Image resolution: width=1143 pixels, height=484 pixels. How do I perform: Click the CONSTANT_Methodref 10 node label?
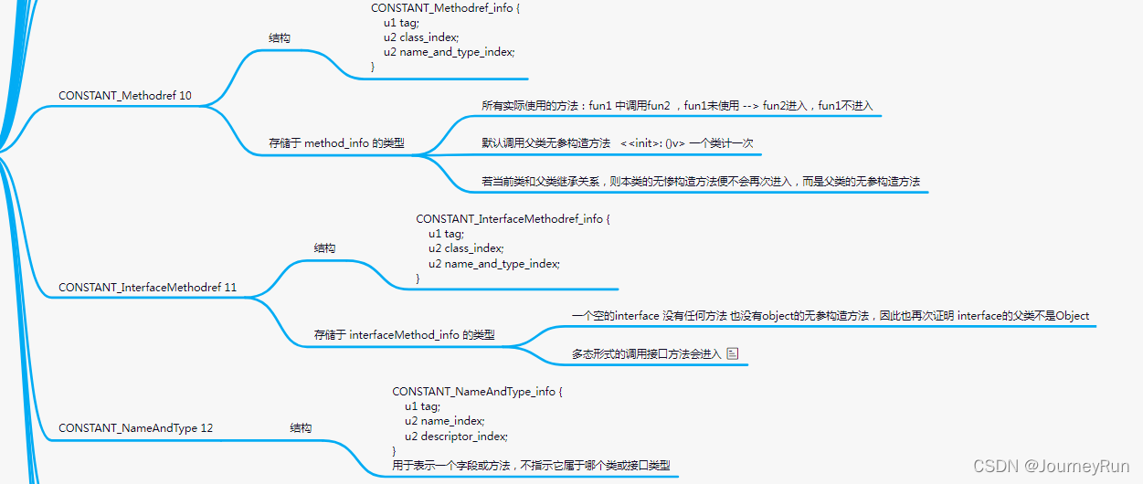124,96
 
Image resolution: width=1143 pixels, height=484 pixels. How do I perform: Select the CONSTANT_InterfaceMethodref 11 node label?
147,288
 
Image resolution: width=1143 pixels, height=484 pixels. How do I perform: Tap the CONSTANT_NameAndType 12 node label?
135,428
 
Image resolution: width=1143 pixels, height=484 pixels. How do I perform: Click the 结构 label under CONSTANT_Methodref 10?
280,38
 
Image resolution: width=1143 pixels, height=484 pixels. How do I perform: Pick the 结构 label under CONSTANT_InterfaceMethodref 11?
324,248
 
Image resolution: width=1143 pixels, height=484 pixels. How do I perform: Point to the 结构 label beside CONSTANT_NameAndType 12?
301,428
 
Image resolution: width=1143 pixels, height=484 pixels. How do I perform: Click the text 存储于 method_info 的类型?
335,143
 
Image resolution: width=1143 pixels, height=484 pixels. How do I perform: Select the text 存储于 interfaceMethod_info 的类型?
404,335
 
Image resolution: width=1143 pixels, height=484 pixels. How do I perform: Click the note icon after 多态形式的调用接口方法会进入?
732,353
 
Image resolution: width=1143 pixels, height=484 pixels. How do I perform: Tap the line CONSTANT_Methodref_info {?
445,8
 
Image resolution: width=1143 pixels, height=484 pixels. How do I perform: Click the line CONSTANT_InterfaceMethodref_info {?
512,219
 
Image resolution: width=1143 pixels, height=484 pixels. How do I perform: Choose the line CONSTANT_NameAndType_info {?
477,392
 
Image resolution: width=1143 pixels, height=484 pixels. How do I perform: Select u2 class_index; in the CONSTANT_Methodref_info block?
421,37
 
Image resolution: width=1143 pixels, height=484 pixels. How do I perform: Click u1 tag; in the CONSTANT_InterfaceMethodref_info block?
446,234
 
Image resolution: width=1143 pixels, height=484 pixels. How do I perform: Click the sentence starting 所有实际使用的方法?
677,106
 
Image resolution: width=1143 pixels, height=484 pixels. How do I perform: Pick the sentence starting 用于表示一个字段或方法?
531,466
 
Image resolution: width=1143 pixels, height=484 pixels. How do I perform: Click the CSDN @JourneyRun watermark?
1051,467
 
